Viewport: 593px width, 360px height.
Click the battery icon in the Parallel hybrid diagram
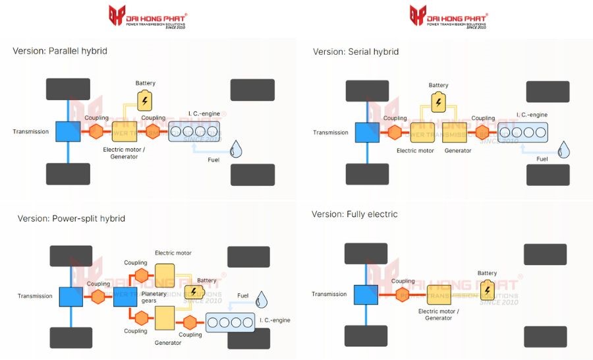click(x=144, y=100)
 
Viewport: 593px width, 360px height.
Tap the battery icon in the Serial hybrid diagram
click(x=438, y=102)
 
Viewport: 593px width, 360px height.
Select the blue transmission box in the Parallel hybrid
click(x=68, y=132)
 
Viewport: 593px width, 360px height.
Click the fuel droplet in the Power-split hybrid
click(x=263, y=299)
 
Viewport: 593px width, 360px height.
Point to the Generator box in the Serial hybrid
click(x=455, y=133)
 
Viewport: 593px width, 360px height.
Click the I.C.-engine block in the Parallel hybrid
click(x=194, y=132)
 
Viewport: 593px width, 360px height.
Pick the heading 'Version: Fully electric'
click(x=354, y=214)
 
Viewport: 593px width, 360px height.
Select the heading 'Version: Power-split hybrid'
click(x=71, y=218)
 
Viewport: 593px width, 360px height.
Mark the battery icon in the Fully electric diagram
click(x=487, y=290)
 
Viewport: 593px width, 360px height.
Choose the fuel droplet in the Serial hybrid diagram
click(x=564, y=150)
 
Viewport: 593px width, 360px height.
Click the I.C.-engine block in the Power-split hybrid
click(x=231, y=323)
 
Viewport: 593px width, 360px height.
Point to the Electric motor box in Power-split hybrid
click(x=164, y=275)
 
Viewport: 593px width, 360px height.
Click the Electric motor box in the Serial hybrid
click(x=422, y=133)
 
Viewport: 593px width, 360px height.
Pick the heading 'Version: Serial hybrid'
click(x=356, y=51)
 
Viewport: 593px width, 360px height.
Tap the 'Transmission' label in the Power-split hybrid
click(x=35, y=296)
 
